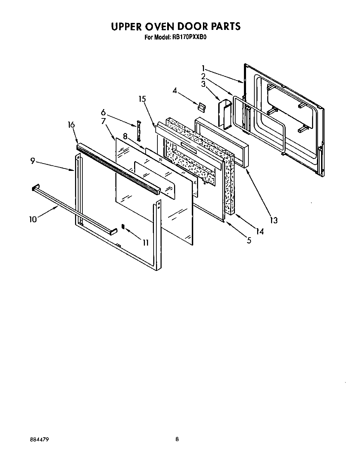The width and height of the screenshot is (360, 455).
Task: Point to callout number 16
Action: (x=71, y=125)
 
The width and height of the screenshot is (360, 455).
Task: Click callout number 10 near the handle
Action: (x=33, y=220)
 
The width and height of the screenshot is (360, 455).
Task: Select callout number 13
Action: (x=274, y=220)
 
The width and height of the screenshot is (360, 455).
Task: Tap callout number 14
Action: (x=260, y=231)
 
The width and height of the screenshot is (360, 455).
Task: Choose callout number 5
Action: (x=249, y=240)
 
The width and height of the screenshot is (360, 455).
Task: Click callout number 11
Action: (x=145, y=242)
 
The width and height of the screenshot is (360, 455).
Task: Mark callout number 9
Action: (x=32, y=161)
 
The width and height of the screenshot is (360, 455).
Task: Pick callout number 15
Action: (x=142, y=99)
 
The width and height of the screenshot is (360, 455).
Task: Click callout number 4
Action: (x=175, y=91)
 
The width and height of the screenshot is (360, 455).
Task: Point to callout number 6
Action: (x=103, y=112)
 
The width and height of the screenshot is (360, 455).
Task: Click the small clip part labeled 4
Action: (x=201, y=107)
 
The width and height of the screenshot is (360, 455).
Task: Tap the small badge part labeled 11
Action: (x=123, y=226)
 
